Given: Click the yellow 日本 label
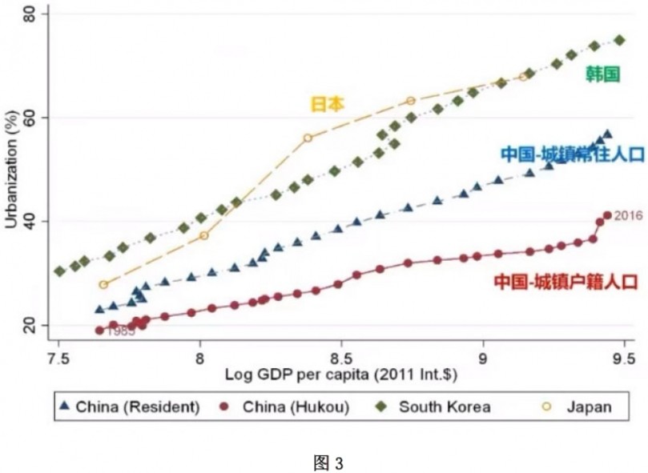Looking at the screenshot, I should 327,103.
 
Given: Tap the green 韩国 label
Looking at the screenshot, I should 602,74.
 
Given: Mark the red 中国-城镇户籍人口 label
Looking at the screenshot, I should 565,282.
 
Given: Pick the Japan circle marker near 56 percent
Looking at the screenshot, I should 308,138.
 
